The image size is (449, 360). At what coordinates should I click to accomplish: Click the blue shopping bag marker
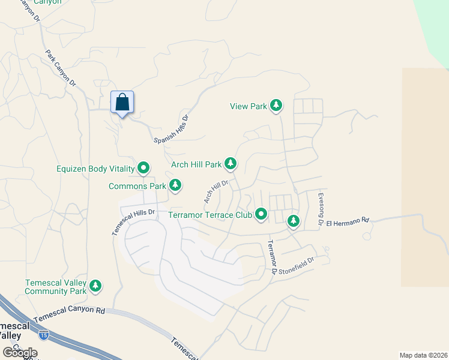pos(122,103)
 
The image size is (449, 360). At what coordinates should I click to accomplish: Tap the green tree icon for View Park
pos(276,106)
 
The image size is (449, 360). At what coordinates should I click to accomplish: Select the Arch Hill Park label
pos(196,164)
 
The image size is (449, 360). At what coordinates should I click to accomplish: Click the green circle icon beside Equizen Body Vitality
pos(143,169)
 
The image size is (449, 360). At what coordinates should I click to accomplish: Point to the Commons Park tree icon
pos(175,186)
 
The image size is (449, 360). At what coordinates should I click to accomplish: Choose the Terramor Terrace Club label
pos(209,214)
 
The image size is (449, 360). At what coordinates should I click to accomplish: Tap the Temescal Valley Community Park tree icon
pos(95,286)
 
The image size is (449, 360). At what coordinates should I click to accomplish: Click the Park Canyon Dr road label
pos(61,68)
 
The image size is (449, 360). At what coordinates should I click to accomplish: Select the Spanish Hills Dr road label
pos(172,128)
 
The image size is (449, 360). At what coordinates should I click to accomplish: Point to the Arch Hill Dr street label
pos(216,191)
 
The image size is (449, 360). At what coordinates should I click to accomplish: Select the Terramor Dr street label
pos(272,257)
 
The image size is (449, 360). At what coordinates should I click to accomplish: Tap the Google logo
pos(20,353)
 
